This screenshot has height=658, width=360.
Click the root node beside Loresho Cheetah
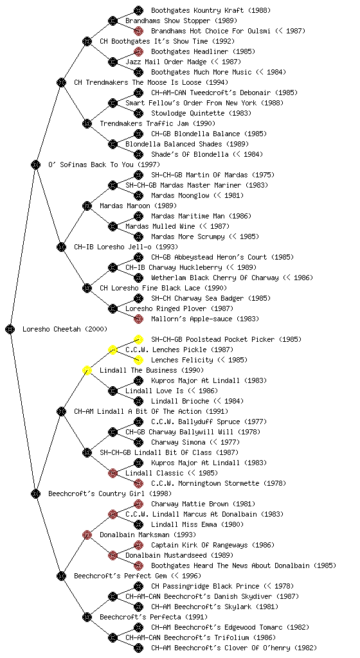pyautogui.click(x=10, y=329)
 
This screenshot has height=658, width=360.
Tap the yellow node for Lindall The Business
pyautogui.click(x=87, y=370)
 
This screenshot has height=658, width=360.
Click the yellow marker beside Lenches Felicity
pyautogui.click(x=138, y=360)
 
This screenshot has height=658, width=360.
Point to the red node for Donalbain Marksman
pyautogui.click(x=87, y=535)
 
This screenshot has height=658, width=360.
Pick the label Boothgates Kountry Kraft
pyautogui.click(x=197, y=10)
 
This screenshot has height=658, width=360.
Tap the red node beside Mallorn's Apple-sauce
pyautogui.click(x=138, y=319)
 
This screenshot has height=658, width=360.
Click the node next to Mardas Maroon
pyautogui.click(x=87, y=206)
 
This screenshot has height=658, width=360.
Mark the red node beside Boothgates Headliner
pyautogui.click(x=138, y=51)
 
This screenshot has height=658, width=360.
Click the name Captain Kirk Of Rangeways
pyautogui.click(x=199, y=545)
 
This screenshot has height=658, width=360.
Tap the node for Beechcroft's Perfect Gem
pyautogui.click(x=61, y=576)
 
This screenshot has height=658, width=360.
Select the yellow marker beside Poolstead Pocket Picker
pyautogui.click(x=138, y=339)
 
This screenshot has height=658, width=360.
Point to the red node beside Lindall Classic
pyautogui.click(x=113, y=473)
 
